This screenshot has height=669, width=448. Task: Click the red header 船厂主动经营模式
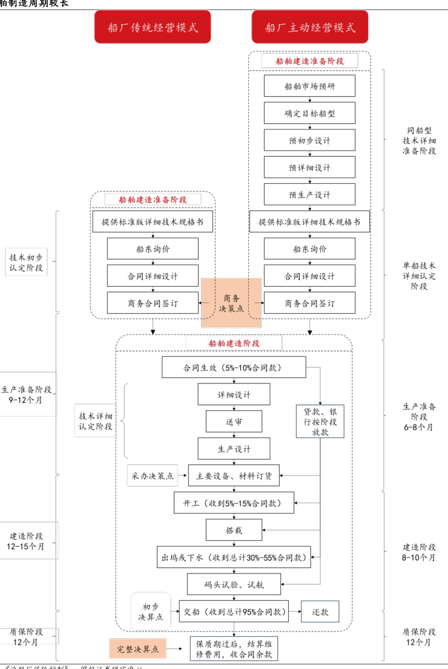311,27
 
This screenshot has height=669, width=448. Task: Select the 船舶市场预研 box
309,86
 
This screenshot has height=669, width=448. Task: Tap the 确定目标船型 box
309,113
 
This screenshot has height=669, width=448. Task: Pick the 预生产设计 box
309,195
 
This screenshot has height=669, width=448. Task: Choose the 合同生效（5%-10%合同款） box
234,367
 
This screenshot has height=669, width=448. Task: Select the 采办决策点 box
152,476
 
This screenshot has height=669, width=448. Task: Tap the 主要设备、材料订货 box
234,476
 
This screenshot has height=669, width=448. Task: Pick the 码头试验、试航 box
234,585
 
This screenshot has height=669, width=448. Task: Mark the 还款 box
320,612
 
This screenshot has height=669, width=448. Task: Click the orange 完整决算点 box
138,649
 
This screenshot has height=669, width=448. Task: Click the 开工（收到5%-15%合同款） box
234,503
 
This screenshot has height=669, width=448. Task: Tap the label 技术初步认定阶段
26,262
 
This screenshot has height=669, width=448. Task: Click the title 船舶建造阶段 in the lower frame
234,343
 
